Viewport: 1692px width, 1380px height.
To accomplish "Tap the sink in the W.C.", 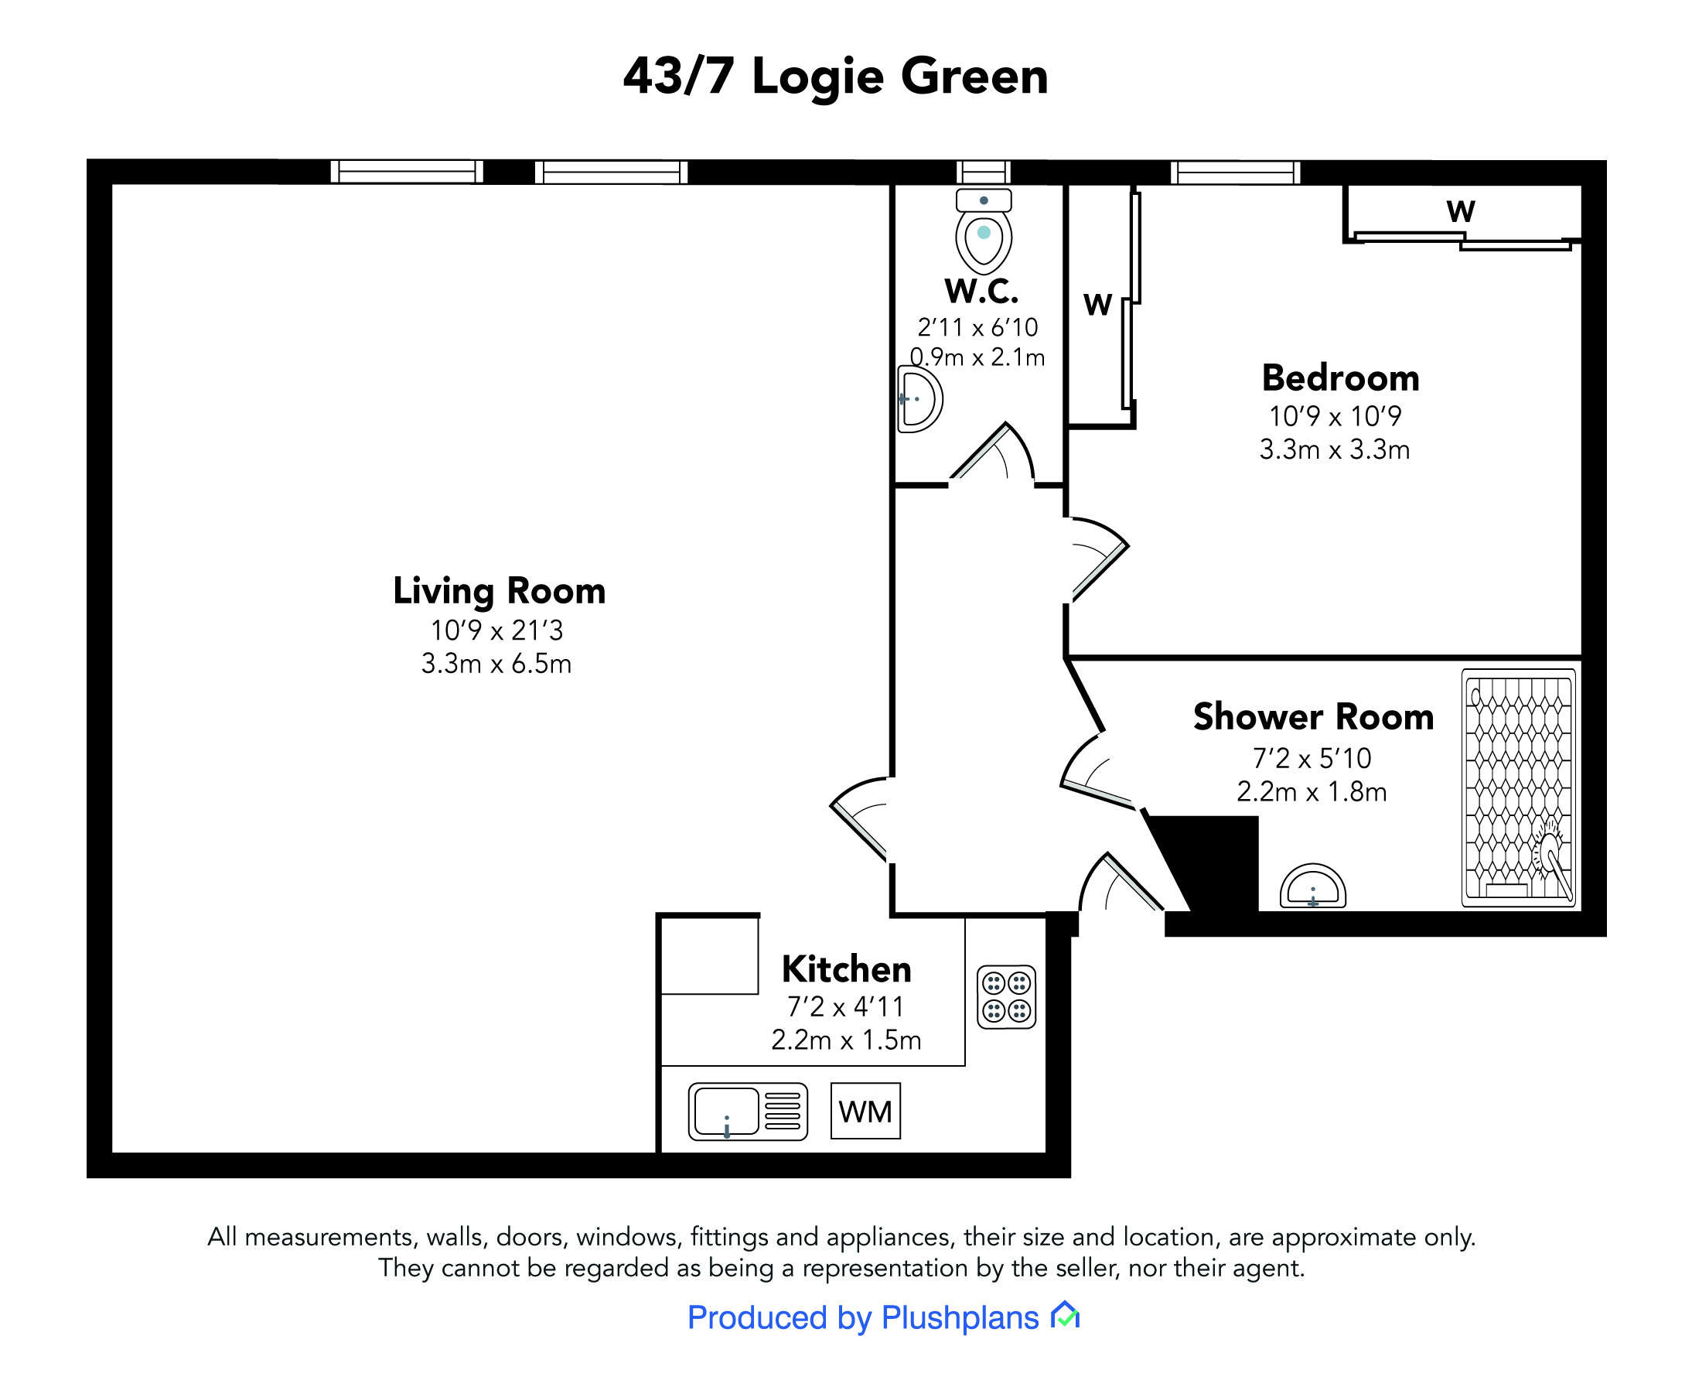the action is pyautogui.click(x=919, y=399).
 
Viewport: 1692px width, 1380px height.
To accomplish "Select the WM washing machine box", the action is pyautogui.click(x=865, y=1111).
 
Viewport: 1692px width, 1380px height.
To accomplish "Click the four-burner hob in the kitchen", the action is pyautogui.click(x=1006, y=997).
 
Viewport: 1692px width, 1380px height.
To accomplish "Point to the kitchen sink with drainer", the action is pyautogui.click(x=748, y=1112).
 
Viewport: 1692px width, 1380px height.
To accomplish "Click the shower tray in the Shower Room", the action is pyautogui.click(x=1519, y=787).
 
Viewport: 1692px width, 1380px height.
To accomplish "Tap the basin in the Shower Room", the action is pyautogui.click(x=1312, y=886).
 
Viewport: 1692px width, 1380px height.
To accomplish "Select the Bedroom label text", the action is pyautogui.click(x=1340, y=377).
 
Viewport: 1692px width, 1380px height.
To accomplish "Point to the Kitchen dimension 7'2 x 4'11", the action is pyautogui.click(x=845, y=1007).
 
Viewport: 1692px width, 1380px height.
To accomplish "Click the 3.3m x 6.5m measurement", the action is pyautogui.click(x=496, y=664).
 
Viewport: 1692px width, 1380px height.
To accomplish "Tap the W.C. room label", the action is pyautogui.click(x=981, y=291).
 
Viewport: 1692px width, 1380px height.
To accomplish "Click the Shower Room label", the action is pyautogui.click(x=1313, y=717).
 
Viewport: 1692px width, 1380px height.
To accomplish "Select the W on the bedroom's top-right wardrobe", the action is pyautogui.click(x=1461, y=211).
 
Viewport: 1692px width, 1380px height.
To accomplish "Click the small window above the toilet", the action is pyautogui.click(x=983, y=172).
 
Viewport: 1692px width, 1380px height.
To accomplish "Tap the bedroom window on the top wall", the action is pyautogui.click(x=1235, y=172).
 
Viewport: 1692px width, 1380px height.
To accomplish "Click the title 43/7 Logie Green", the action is pyautogui.click(x=835, y=77).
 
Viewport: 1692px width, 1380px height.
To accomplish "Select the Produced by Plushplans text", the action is pyautogui.click(x=863, y=1318).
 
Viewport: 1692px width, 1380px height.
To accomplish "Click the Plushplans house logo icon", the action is pyautogui.click(x=1065, y=1315).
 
